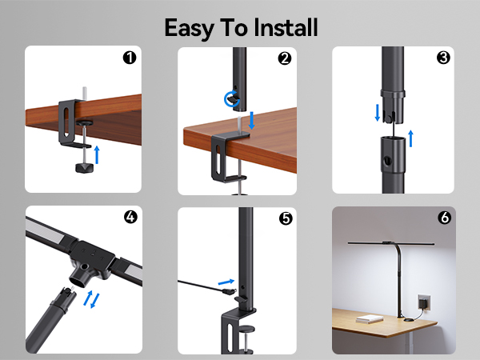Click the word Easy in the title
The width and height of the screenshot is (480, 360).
click(190, 27)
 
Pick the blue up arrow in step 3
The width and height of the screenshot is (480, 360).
click(411, 137)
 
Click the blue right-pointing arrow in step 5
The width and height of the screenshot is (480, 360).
click(230, 281)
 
